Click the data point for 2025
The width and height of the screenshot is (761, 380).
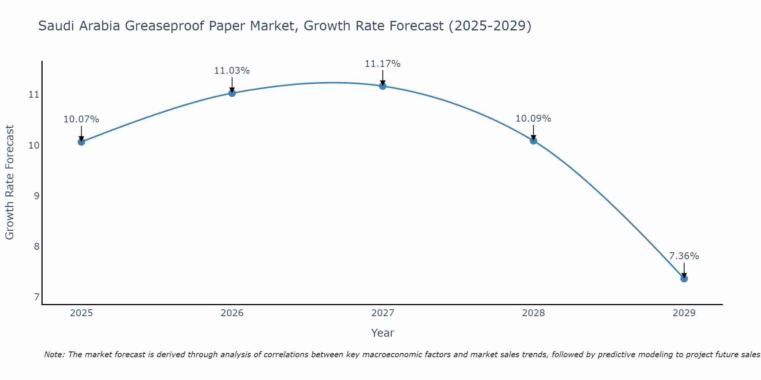pos(81,142)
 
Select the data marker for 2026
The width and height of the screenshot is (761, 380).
pos(232,93)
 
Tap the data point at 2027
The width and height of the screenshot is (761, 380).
pos(383,86)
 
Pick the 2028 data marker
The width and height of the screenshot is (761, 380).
pos(533,141)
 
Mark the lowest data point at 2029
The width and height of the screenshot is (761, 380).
pos(684,279)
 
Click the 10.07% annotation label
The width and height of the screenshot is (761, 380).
pos(81,119)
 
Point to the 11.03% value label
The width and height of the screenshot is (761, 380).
pos(232,71)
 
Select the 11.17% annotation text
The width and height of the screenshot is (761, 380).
pos(383,64)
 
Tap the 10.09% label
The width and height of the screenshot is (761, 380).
pos(533,119)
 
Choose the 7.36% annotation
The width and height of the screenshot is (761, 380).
pos(684,256)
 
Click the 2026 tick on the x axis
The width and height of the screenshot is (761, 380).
pos(232,313)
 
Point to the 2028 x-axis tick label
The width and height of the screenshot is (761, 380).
pos(533,313)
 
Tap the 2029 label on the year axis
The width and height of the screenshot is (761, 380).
pos(684,313)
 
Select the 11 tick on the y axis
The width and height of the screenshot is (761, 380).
pos(34,95)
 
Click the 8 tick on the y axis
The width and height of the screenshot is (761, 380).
pos(37,247)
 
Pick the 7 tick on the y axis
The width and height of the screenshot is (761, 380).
pos(37,297)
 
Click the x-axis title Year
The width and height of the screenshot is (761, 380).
pos(383,333)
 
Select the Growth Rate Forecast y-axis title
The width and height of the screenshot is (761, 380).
pos(10,182)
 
